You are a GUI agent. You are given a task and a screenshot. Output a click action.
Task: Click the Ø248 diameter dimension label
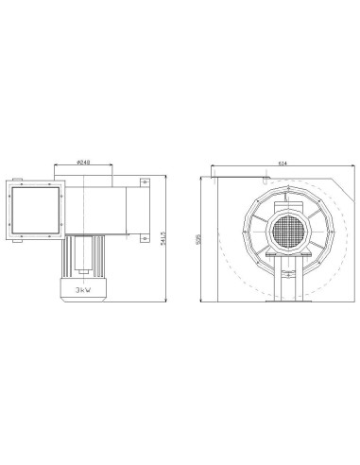coord(85,161)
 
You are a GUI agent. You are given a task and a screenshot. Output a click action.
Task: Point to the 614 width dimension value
coord(283,163)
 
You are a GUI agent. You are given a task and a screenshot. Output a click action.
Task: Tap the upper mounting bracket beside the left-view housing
coord(143,184)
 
